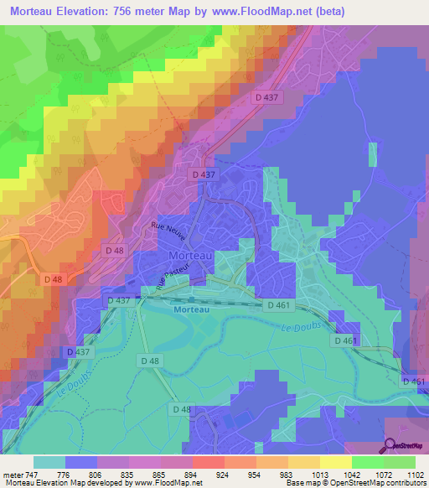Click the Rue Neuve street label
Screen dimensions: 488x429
(168, 231)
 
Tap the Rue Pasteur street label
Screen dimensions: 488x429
(173, 275)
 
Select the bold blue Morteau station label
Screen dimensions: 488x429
(194, 309)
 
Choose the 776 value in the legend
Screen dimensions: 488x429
(64, 474)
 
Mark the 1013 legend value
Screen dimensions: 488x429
(319, 474)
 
